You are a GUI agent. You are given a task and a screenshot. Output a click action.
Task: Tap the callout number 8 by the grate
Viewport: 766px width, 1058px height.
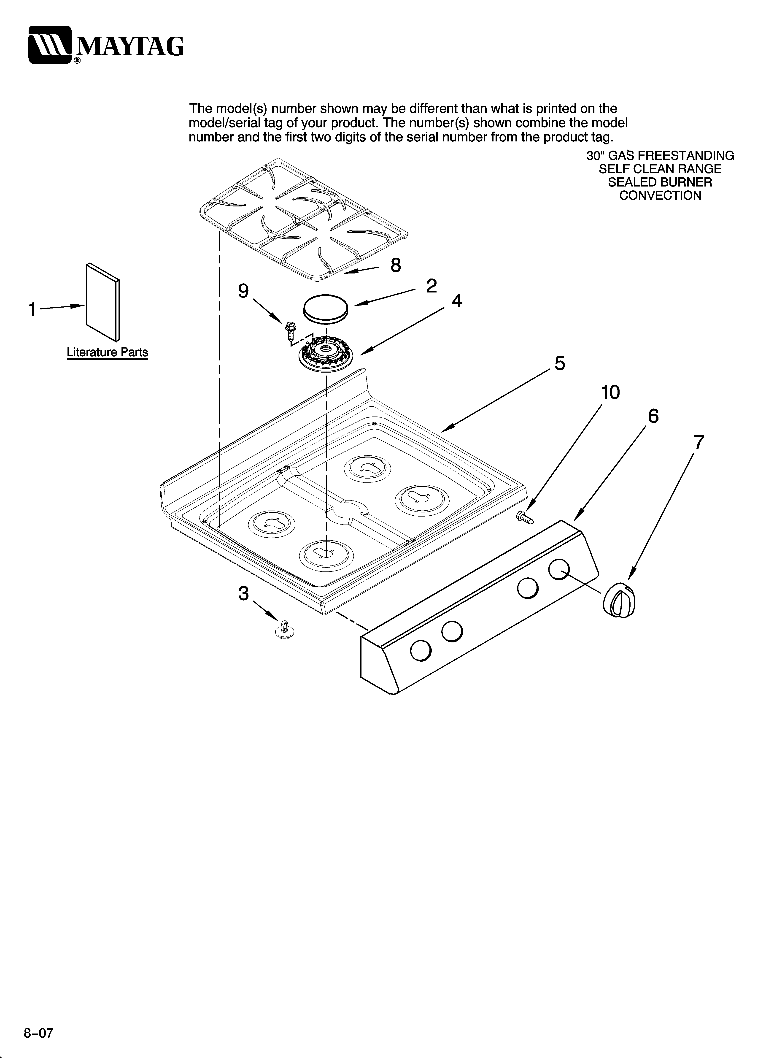click(395, 265)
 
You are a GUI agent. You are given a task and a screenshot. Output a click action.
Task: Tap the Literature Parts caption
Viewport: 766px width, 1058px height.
click(107, 352)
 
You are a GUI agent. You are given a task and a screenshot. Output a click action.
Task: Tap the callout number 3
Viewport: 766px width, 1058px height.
click(243, 594)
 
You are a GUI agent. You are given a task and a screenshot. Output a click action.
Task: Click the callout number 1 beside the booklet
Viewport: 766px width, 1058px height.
click(32, 309)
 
